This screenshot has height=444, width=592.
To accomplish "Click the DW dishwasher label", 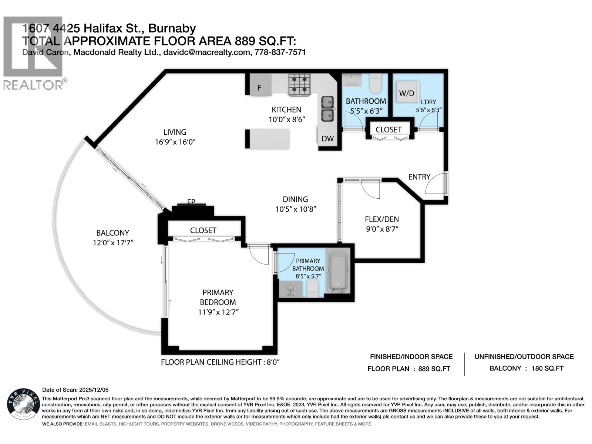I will coord(327,139).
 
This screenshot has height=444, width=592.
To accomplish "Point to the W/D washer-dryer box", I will coord(407,93).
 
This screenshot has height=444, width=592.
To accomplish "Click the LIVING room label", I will coord(175,132).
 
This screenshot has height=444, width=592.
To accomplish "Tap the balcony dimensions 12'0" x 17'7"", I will coord(113,243).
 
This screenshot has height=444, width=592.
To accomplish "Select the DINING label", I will coord(295,199).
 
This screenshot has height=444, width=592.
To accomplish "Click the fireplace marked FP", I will coord(192,209).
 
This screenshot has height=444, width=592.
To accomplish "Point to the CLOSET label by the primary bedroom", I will coord(203,230).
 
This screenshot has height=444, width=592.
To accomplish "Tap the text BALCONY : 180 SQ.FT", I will coord(526,369).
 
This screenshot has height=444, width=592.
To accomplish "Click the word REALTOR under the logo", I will coord(33,85).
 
